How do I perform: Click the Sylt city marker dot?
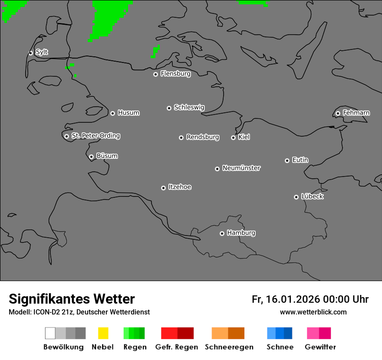click(31, 53)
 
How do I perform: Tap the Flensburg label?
click(175, 74)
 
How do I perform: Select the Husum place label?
click(128, 113)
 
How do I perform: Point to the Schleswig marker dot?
click(169, 108)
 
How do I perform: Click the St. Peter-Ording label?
click(95, 136)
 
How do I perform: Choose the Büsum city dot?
click(92, 157)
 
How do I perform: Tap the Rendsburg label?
click(203, 137)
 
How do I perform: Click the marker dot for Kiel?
click(234, 137)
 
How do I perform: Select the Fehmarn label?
click(356, 113)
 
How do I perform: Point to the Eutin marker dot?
click(287, 160)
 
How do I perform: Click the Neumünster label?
click(241, 168)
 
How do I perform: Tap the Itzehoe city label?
click(180, 187)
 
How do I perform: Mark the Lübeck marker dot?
click(296, 197)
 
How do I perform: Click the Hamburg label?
click(241, 233)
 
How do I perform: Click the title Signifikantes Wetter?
click(72, 299)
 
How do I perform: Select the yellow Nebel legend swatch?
click(103, 333)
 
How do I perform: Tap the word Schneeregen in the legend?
click(229, 347)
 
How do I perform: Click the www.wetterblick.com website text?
click(313, 312)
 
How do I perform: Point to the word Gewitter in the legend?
click(320, 347)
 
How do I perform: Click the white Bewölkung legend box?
click(50, 333)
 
